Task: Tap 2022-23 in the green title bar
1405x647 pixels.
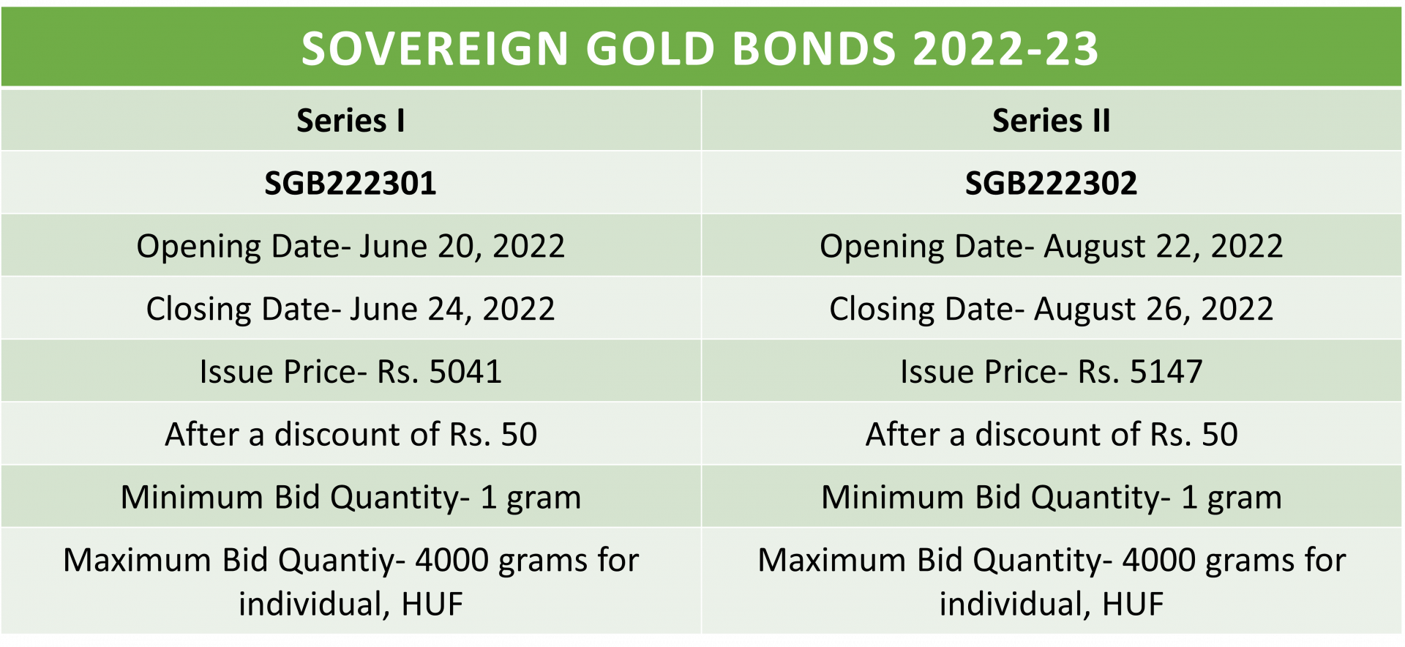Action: [1005, 49]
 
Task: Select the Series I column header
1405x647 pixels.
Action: [351, 121]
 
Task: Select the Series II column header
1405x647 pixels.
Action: [1051, 121]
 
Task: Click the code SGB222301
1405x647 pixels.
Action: [351, 183]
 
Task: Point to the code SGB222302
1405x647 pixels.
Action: [1051, 183]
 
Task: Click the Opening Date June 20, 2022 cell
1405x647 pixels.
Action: [351, 246]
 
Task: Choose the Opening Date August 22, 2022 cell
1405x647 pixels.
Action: [1051, 246]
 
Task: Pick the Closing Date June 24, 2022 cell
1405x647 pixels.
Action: [351, 309]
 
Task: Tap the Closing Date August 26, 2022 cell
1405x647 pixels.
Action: [1051, 309]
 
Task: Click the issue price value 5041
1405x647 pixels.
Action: [465, 372]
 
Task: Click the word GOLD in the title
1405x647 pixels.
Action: [650, 49]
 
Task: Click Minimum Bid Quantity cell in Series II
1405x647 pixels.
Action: [1051, 498]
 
